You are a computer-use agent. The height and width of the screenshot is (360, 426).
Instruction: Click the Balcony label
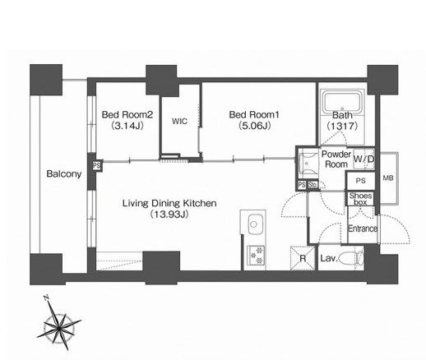point(64,173)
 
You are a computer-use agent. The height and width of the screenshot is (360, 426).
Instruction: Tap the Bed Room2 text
point(127,114)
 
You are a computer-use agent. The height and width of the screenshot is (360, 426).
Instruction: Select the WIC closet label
point(180,121)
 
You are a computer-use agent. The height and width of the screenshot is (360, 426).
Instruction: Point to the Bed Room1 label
point(254,114)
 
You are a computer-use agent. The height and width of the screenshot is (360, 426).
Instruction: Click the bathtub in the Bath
point(342,103)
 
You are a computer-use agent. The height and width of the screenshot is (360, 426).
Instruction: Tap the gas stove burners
point(256,255)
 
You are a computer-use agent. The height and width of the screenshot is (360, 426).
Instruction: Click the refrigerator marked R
point(303,258)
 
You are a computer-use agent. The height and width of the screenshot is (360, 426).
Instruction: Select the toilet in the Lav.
point(352,258)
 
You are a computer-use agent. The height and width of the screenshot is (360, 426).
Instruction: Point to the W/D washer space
point(363,159)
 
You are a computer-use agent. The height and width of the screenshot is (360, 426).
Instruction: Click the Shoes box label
point(360,199)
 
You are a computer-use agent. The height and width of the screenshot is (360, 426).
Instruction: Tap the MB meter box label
point(388,178)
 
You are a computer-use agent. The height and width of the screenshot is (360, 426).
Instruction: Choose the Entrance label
point(363,228)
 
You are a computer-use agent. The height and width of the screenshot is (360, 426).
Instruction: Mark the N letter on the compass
point(46,298)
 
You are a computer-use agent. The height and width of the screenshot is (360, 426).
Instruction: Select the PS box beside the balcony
point(96,166)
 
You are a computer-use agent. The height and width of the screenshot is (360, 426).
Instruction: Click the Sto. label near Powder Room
point(313,185)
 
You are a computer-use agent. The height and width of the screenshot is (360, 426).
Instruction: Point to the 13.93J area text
point(169,215)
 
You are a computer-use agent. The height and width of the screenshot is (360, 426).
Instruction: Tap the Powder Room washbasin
point(308,164)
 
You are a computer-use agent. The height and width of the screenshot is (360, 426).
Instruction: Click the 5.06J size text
point(255,126)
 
